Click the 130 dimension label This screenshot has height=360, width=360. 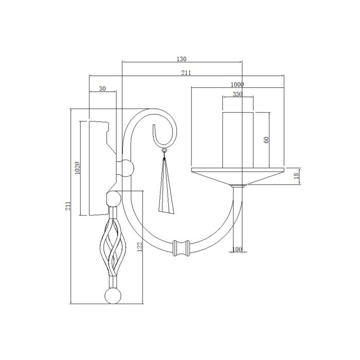pos(182,59)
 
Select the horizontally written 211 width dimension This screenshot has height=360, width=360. pos(186,73)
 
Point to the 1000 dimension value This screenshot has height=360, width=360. pos(237,84)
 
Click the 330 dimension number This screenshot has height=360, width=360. pos(237,94)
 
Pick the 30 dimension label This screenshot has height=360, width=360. pos(102,88)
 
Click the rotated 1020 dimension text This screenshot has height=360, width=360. pos(77,168)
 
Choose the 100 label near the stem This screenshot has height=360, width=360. pos(237,249)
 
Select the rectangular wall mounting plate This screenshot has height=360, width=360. pos(97,167)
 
